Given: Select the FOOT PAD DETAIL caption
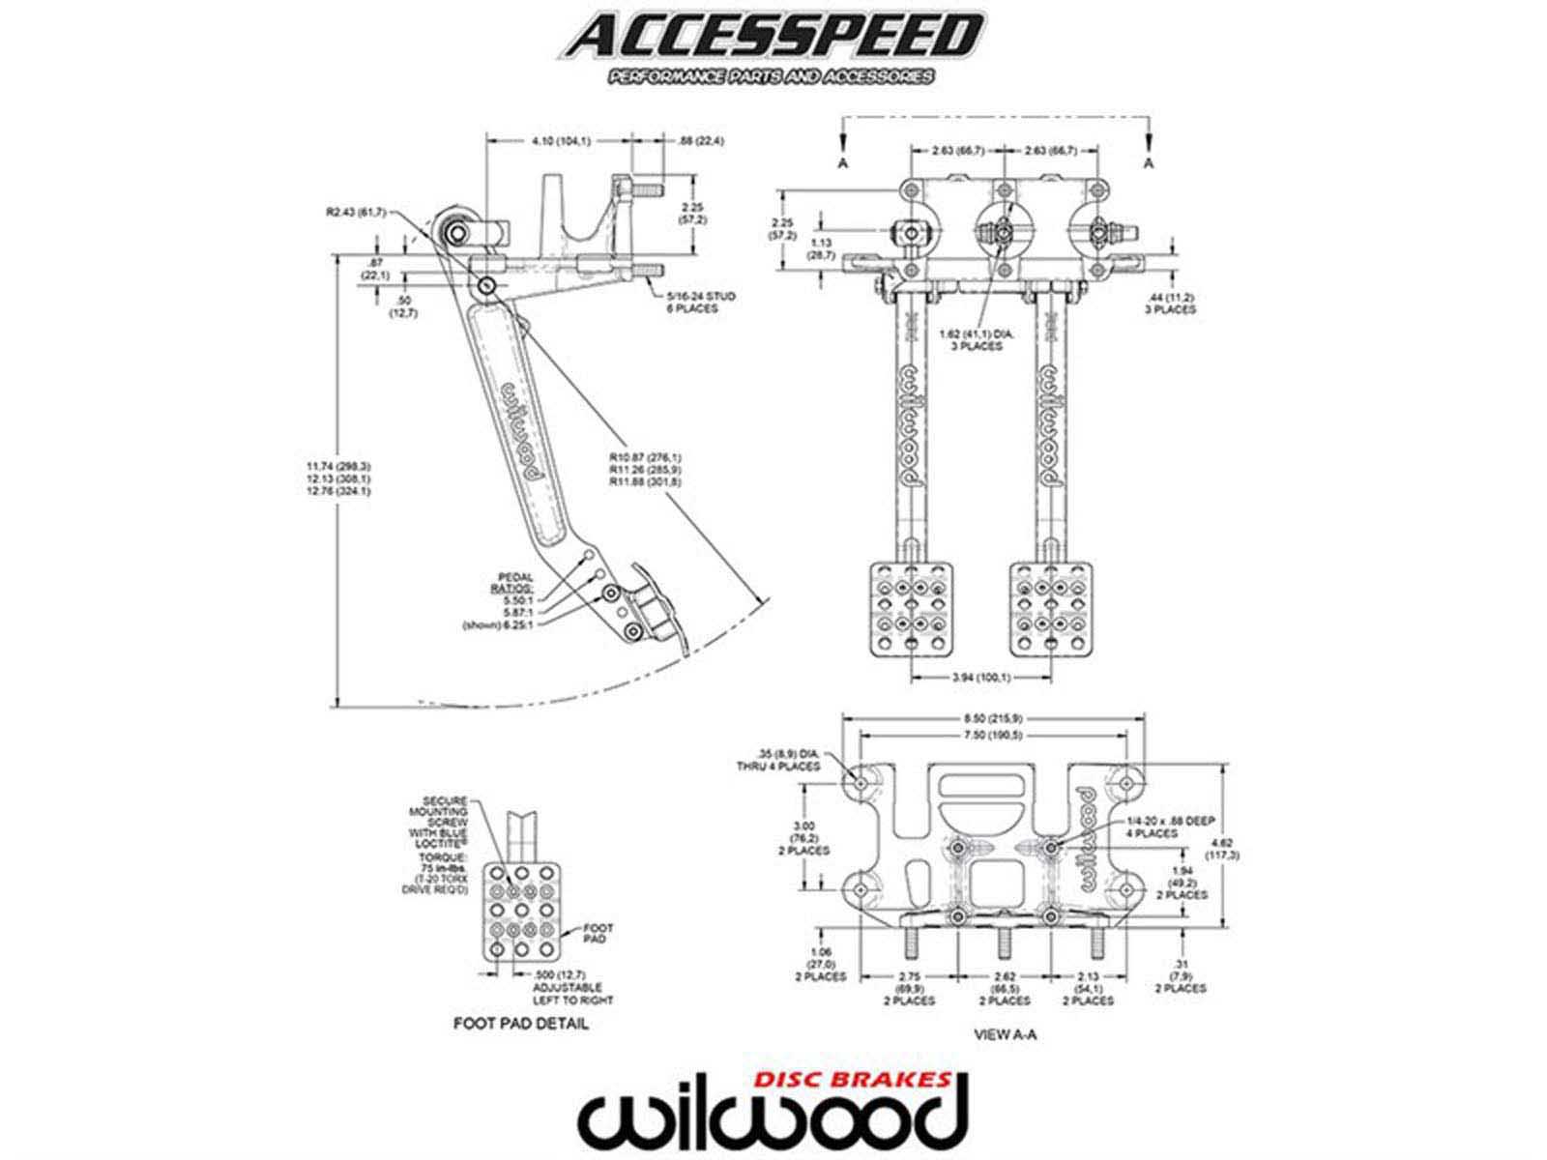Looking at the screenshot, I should click(x=520, y=1023).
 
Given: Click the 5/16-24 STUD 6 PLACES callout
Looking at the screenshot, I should click(x=700, y=303).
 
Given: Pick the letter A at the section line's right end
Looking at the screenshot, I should click(x=1149, y=163).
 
